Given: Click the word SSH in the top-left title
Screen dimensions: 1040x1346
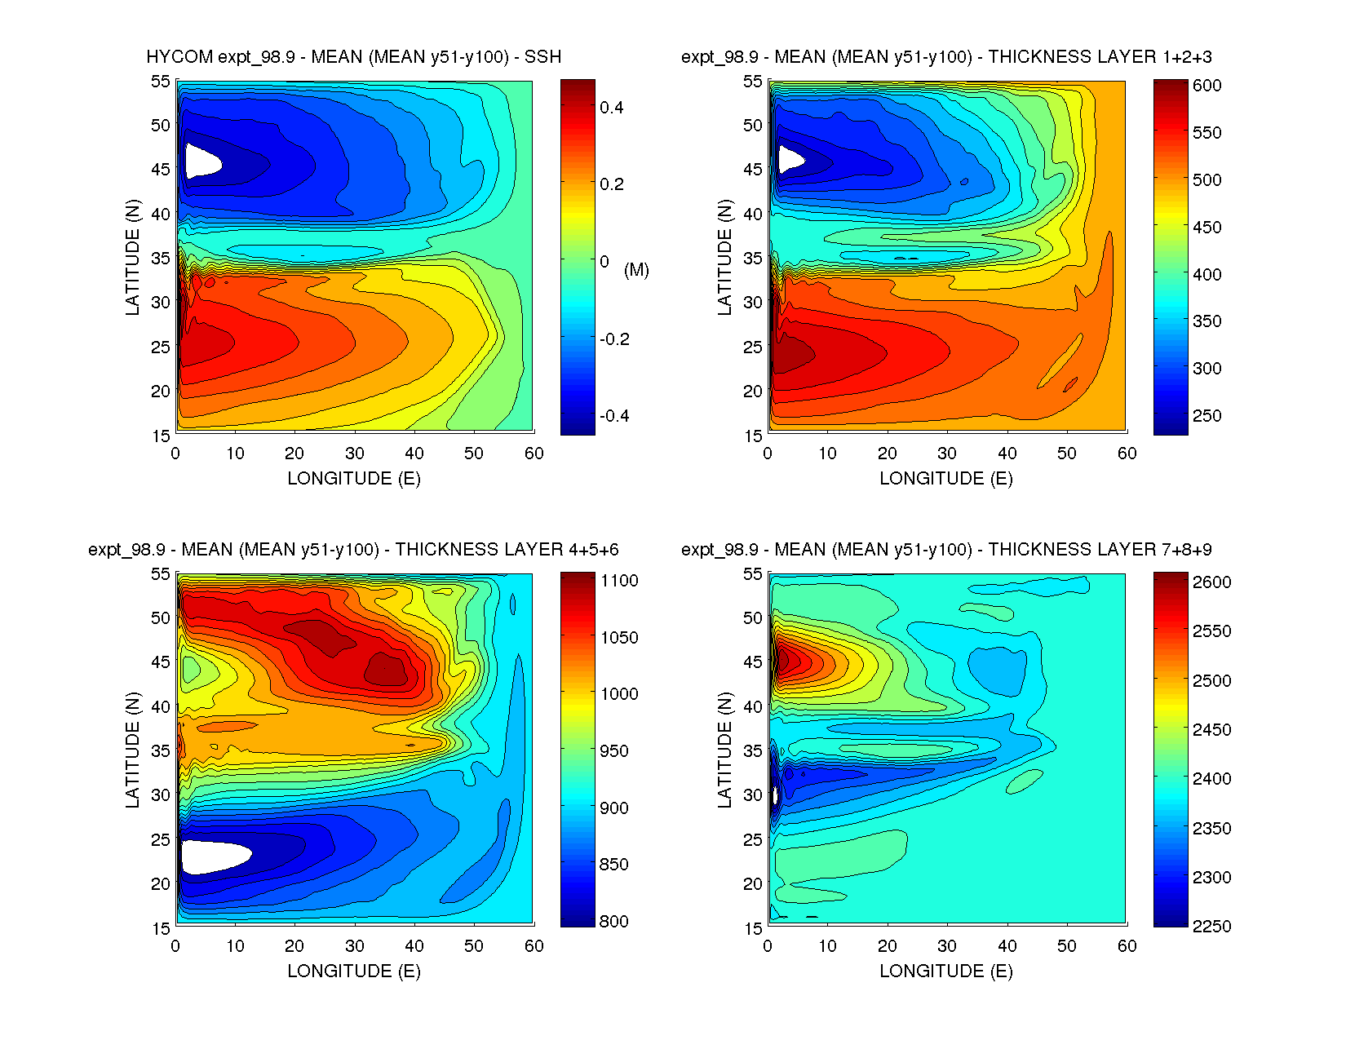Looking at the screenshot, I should click(542, 57).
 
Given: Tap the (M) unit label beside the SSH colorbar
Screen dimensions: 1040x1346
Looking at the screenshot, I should click(636, 270).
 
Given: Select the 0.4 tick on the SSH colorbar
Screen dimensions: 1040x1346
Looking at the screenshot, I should click(611, 108).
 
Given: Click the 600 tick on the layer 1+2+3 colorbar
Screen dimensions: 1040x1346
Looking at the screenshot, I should click(1207, 86).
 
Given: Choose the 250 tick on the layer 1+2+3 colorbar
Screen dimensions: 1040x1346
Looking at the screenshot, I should click(1207, 416).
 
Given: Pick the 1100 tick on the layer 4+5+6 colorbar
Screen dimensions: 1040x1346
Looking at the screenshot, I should click(619, 581).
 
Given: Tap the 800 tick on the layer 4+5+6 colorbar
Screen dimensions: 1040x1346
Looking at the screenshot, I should click(613, 922).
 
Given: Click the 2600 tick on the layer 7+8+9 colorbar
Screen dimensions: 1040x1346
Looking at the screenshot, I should click(1211, 582).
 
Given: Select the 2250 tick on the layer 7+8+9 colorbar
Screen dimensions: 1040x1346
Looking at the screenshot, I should click(1211, 927).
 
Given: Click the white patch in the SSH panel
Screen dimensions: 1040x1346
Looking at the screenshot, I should click(201, 161).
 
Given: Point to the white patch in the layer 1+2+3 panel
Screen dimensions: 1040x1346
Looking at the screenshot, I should click(790, 158).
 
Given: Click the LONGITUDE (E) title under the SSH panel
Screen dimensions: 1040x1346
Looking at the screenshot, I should click(354, 479).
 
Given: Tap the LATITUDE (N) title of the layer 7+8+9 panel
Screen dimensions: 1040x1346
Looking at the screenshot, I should click(724, 750).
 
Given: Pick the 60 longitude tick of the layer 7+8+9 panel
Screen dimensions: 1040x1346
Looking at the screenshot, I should click(1127, 946).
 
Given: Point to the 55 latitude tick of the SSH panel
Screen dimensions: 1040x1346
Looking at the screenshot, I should click(160, 82).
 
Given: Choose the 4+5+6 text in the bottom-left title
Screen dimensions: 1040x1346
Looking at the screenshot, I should click(591, 550).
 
